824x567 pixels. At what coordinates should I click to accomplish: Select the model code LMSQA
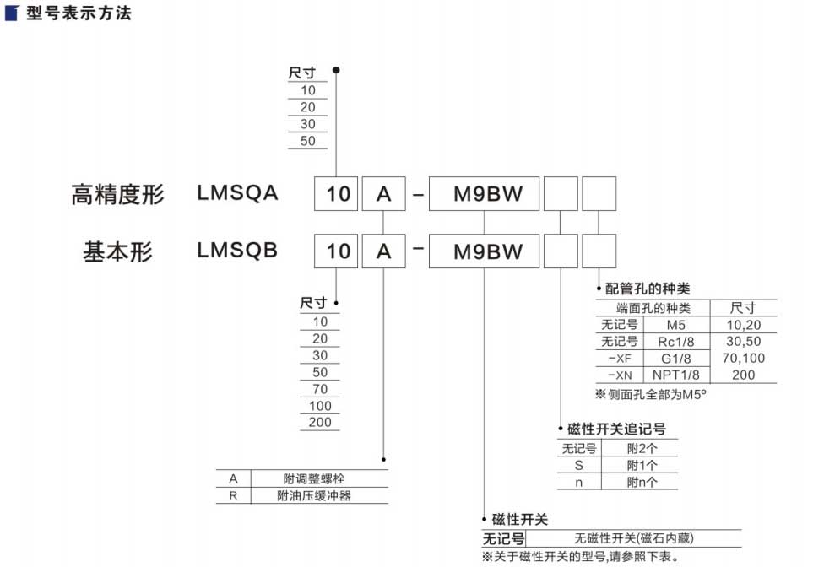(237, 192)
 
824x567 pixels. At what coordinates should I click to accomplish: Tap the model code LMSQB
(237, 250)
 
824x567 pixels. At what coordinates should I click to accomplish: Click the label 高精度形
(117, 195)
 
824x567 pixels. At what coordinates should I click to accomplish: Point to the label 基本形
(117, 251)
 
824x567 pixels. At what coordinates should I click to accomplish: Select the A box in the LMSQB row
(384, 251)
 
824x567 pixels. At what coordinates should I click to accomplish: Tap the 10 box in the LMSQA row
(337, 194)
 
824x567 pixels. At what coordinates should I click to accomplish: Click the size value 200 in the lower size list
(320, 422)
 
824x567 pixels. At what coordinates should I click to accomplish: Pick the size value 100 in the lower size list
(320, 406)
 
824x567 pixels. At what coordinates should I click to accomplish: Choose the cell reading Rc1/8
(675, 342)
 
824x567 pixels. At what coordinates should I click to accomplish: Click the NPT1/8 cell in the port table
(675, 375)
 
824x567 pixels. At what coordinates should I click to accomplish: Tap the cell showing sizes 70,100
(743, 359)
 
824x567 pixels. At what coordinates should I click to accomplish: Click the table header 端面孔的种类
(653, 308)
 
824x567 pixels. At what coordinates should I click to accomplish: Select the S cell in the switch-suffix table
(579, 466)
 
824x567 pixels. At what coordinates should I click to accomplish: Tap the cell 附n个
(642, 483)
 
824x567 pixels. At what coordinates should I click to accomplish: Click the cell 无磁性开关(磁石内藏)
(635, 538)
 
